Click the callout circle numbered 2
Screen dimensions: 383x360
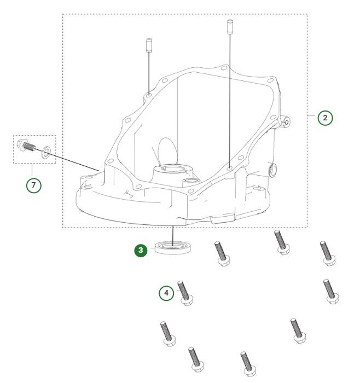[325, 118]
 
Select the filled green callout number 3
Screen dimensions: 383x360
[141, 250]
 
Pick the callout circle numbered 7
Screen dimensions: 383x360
[34, 185]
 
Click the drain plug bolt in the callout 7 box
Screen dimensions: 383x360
[28, 146]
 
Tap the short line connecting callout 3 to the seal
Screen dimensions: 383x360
[152, 250]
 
